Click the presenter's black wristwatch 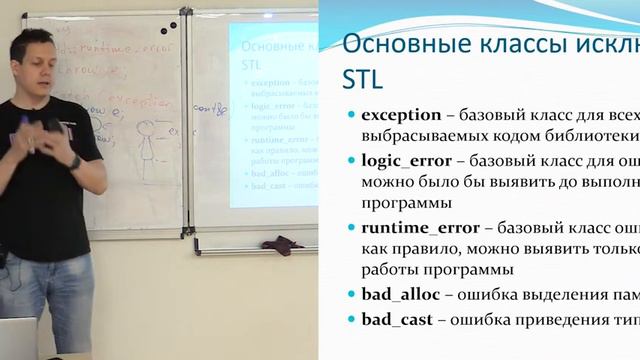(x=75, y=161)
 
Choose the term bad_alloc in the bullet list (x=398, y=293)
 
